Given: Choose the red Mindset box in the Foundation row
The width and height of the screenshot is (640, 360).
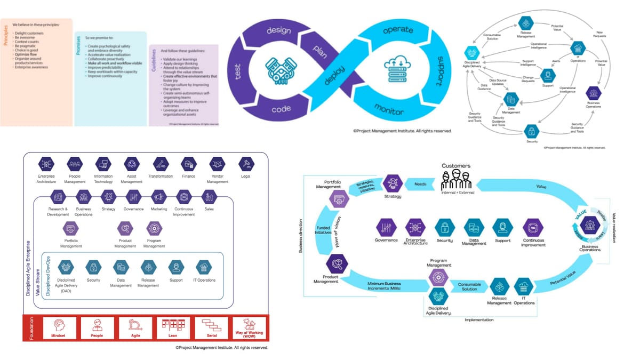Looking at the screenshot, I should point(58,327).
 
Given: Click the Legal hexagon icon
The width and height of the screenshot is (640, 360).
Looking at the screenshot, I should point(246,164).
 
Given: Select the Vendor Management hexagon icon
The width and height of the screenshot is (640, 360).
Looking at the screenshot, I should point(217,164).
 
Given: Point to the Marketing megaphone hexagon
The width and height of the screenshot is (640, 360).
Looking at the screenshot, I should point(159,197).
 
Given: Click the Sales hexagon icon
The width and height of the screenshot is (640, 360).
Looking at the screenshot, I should point(209,197).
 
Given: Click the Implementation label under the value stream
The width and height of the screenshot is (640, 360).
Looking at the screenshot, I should point(479,320).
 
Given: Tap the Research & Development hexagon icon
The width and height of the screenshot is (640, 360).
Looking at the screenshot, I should point(58,197).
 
